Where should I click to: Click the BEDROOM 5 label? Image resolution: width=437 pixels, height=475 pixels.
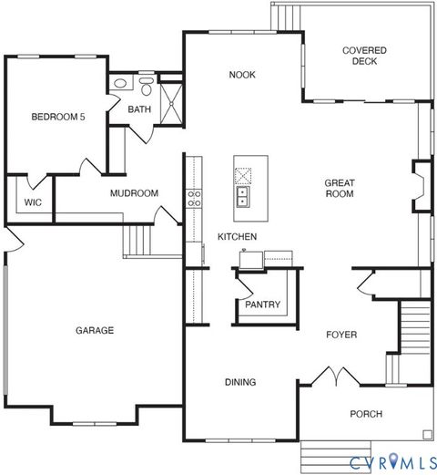coord(58,116)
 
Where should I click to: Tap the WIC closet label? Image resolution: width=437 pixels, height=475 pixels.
coord(33,202)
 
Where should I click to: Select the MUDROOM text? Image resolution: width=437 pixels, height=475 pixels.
coord(134,193)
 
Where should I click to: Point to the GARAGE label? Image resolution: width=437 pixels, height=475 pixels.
coord(95,330)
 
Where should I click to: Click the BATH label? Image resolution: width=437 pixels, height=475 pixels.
coord(139,109)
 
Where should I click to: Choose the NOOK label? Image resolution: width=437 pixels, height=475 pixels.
coord(241,75)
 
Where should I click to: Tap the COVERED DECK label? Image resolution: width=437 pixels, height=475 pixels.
coord(364,57)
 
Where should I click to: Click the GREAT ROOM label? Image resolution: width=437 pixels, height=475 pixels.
coord(339,188)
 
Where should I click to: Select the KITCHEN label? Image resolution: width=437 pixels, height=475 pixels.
coord(237,237)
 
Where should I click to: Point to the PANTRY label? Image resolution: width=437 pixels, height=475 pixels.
coord(262,305)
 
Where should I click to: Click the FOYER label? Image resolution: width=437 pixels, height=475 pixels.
coord(341,335)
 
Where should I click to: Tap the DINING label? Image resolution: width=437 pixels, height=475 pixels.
coord(239,382)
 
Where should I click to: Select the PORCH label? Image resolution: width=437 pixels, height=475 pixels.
coord(366,414)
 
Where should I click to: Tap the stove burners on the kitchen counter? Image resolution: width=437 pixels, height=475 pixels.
coord(194,198)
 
